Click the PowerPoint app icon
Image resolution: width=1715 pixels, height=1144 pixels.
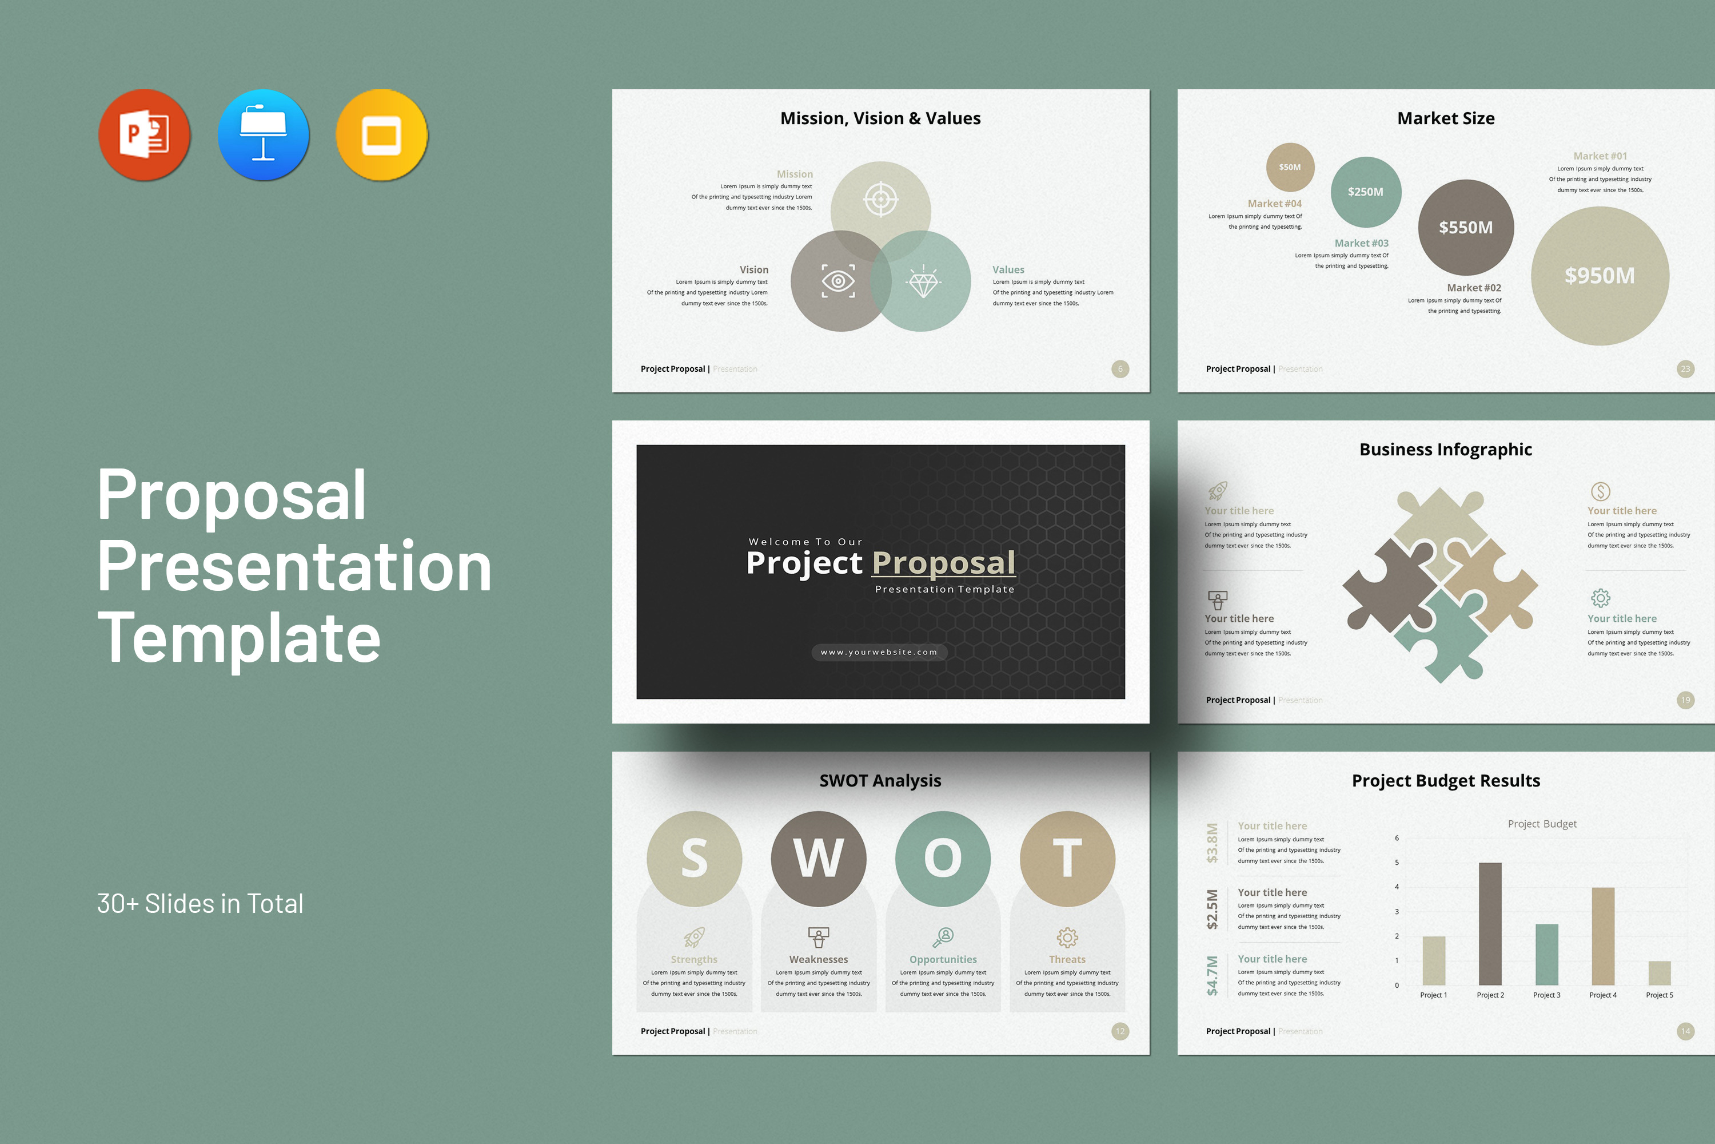pos(145,135)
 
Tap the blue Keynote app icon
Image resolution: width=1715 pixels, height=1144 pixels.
pos(263,135)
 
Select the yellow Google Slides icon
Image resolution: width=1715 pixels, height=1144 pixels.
pos(381,135)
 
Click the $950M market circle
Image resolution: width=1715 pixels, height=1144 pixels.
pos(1600,276)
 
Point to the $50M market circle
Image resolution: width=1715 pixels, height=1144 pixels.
pos(1290,167)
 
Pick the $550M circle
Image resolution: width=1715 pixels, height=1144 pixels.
pos(1466,228)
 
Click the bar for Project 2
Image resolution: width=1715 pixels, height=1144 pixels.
pos(1490,923)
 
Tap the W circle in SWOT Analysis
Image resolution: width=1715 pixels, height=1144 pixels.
pos(818,858)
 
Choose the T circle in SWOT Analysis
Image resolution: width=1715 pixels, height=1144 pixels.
pos(1067,858)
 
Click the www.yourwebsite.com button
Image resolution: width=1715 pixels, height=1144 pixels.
pos(879,652)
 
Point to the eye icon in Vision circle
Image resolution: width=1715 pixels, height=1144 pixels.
pos(838,281)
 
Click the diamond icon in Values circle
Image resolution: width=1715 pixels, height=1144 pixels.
pos(923,281)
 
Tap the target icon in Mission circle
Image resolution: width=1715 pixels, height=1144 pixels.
pos(881,198)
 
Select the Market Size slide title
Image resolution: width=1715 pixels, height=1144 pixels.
pos(1445,118)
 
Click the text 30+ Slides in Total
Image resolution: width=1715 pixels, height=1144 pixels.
pos(200,904)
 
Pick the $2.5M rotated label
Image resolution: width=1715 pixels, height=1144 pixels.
pos(1212,909)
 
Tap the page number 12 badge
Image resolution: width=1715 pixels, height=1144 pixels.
pos(1120,1031)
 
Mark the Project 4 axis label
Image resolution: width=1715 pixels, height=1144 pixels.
pos(1603,995)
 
